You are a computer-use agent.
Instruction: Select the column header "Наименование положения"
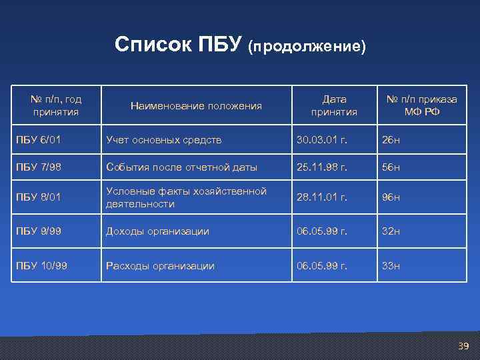196,105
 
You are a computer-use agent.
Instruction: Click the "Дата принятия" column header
334,105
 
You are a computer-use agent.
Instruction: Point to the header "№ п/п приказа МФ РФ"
422,105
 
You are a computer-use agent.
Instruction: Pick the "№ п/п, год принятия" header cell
56,105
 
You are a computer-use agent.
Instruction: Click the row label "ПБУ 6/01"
38,140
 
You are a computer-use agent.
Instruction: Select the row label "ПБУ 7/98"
38,167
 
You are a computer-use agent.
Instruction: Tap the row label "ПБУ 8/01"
38,197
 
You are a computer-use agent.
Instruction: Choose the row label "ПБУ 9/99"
38,231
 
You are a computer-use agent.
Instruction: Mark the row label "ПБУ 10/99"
41,266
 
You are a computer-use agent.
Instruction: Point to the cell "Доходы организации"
157,231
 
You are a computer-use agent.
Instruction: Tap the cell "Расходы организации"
160,266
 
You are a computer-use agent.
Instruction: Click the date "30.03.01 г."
322,140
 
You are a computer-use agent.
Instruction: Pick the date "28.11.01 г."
322,197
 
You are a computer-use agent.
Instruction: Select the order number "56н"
390,167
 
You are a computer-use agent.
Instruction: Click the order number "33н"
390,266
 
